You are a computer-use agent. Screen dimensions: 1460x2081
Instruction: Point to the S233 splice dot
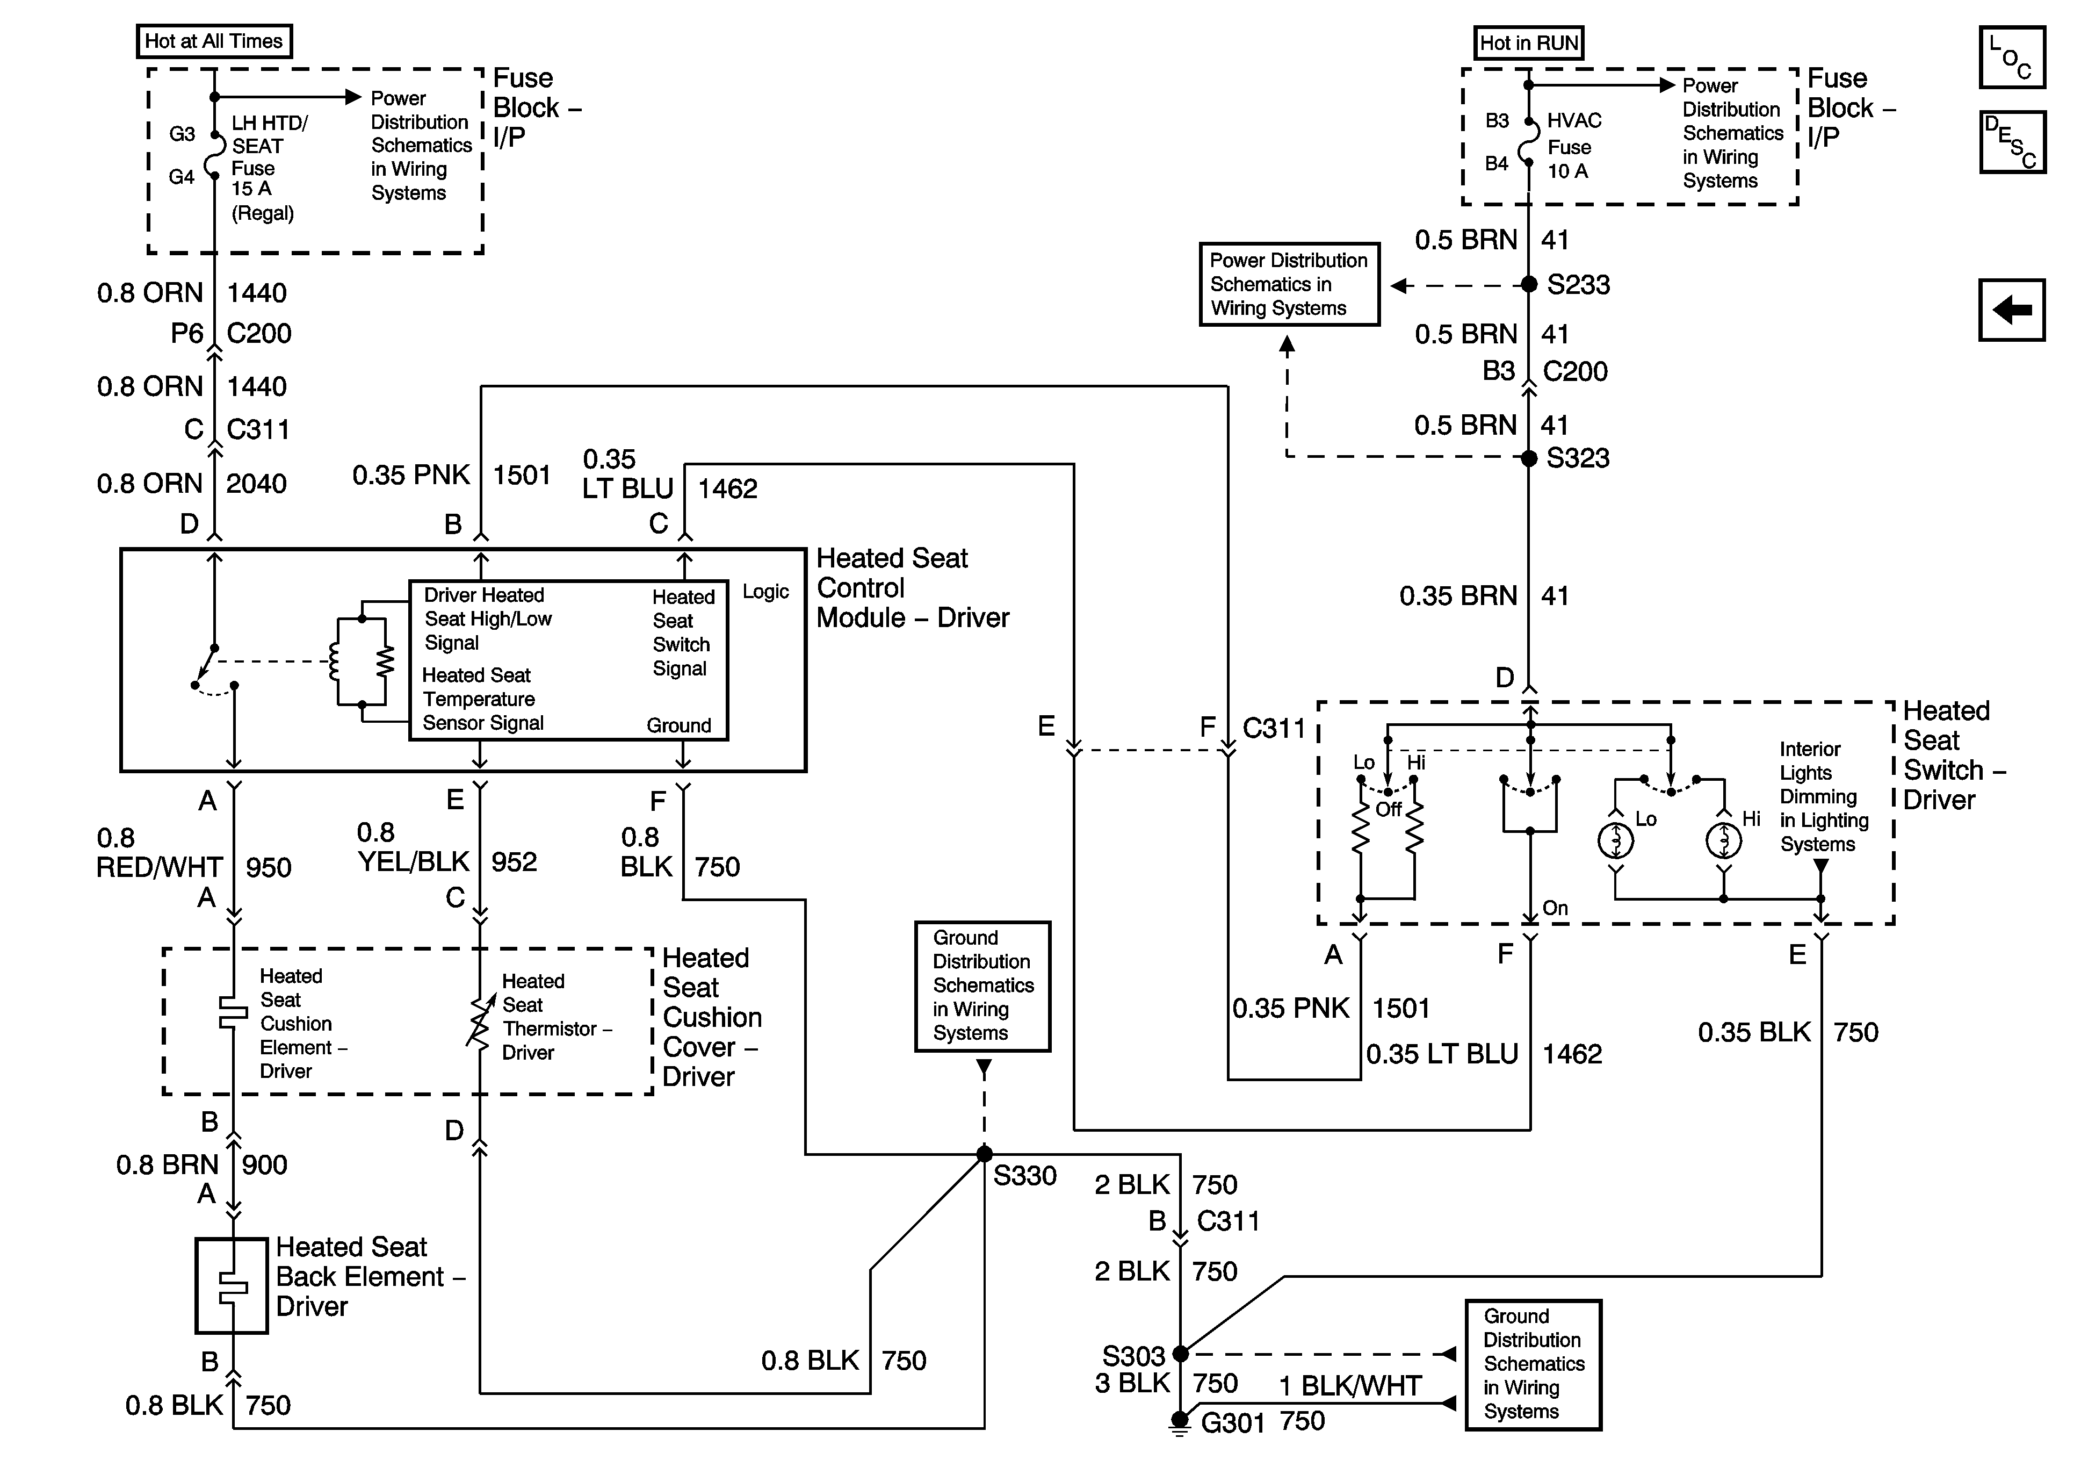pyautogui.click(x=1529, y=285)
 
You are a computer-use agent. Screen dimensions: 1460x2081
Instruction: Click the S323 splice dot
pyautogui.click(x=1529, y=458)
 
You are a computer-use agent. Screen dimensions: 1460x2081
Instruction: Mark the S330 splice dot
pyautogui.click(x=984, y=1154)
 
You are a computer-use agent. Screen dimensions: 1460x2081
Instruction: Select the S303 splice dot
pyautogui.click(x=1180, y=1354)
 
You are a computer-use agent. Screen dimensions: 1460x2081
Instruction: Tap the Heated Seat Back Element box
pyautogui.click(x=232, y=1286)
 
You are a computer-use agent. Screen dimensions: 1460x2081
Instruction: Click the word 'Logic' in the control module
pyautogui.click(x=766, y=592)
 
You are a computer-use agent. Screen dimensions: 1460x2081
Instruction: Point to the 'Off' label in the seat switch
pyautogui.click(x=1389, y=810)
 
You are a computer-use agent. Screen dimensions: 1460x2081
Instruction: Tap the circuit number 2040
pyautogui.click(x=257, y=483)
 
